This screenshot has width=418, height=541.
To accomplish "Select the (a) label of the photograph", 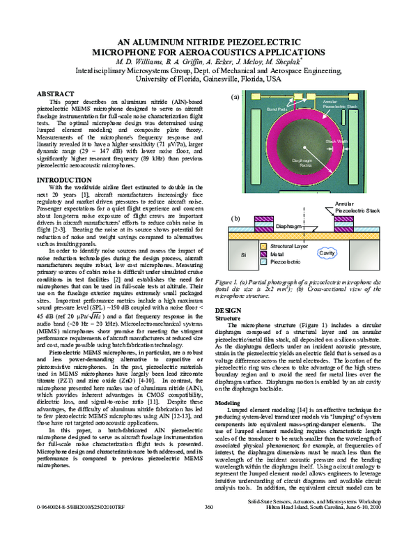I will tap(235, 97).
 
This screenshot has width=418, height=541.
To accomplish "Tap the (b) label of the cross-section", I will tap(235, 218).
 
